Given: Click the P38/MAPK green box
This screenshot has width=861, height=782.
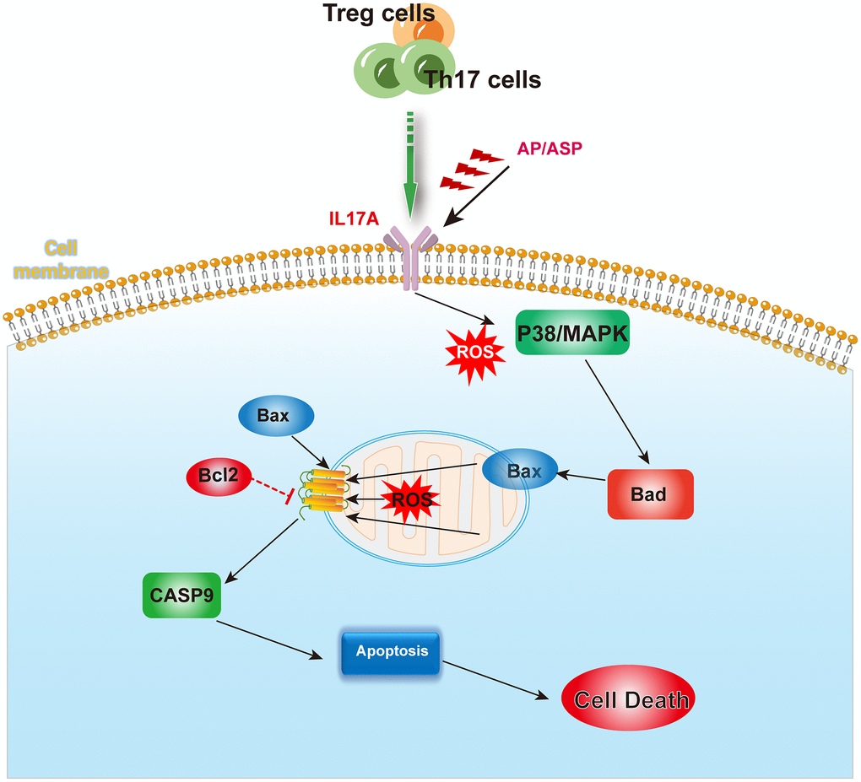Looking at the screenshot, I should tap(571, 333).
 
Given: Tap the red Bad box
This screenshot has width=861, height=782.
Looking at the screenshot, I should tap(649, 493).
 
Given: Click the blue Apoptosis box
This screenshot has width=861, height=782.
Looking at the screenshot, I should tap(391, 652).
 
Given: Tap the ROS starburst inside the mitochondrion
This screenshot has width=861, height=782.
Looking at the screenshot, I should tap(411, 499).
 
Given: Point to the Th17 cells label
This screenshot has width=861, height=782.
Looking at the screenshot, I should tap(483, 80).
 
